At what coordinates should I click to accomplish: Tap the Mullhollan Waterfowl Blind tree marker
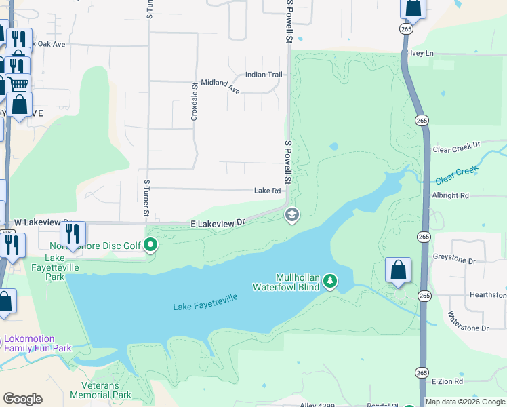[x=330, y=279]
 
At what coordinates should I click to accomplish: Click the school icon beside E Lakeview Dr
[x=292, y=215]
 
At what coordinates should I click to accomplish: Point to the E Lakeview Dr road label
[x=217, y=222]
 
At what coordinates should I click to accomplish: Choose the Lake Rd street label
[x=267, y=191]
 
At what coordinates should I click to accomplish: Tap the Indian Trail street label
[x=263, y=75]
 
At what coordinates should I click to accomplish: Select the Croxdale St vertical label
[x=194, y=102]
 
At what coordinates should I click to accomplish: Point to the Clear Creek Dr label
[x=455, y=146]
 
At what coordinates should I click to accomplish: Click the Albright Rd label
[x=450, y=195]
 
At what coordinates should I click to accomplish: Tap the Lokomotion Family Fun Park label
[x=37, y=343]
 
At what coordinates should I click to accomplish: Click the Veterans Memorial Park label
[x=100, y=390]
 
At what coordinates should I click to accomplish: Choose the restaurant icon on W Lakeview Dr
[x=73, y=233]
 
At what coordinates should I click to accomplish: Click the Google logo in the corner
[x=22, y=399]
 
